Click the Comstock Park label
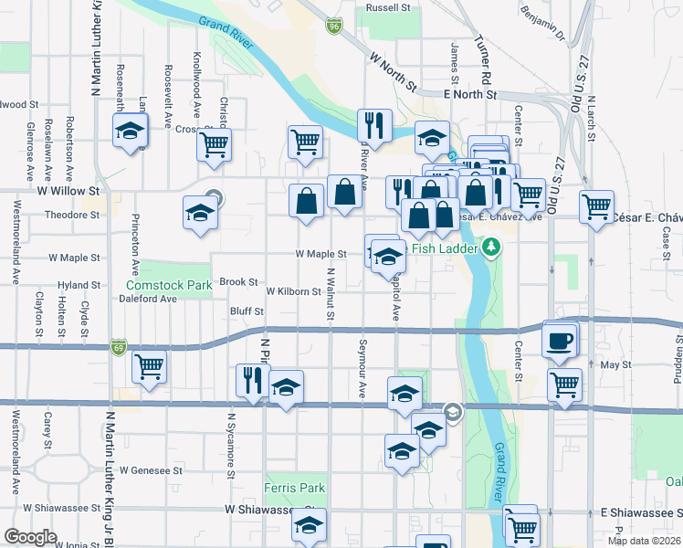[168, 286]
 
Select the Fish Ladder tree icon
[491, 247]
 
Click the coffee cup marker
[560, 341]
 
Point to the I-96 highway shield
[334, 26]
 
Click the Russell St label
[388, 6]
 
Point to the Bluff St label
[247, 311]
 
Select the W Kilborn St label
[293, 292]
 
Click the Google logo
[30, 537]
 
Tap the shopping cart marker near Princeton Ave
[149, 367]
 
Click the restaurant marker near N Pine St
[252, 380]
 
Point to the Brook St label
[238, 283]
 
